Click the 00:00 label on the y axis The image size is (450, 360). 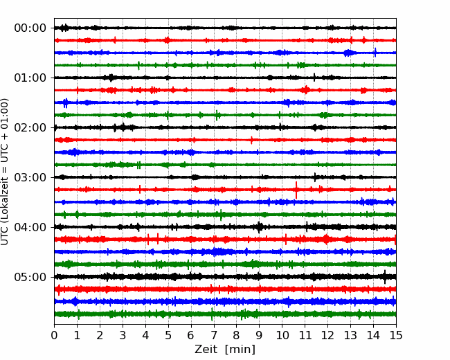pos(30,28)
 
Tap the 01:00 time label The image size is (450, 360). pos(30,78)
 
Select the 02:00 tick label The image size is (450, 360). pos(30,128)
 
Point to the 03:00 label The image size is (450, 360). pos(30,177)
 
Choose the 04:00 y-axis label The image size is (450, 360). pos(30,227)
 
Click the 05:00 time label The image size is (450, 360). pos(30,278)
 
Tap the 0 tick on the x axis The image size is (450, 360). pos(54,335)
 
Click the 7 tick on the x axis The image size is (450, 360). pos(213,335)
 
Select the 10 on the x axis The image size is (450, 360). pos(282,335)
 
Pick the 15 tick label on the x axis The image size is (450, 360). pos(396,335)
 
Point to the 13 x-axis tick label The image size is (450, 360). pos(350,335)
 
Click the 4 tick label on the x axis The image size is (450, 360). pos(145,335)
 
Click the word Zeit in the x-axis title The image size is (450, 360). pos(206,349)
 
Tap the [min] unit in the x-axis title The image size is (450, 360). pos(240,350)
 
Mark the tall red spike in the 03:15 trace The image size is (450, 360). pos(296,190)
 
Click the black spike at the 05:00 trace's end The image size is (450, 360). pos(385,277)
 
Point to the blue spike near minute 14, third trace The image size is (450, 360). pos(375,53)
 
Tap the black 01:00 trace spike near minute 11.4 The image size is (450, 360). pos(314,78)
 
